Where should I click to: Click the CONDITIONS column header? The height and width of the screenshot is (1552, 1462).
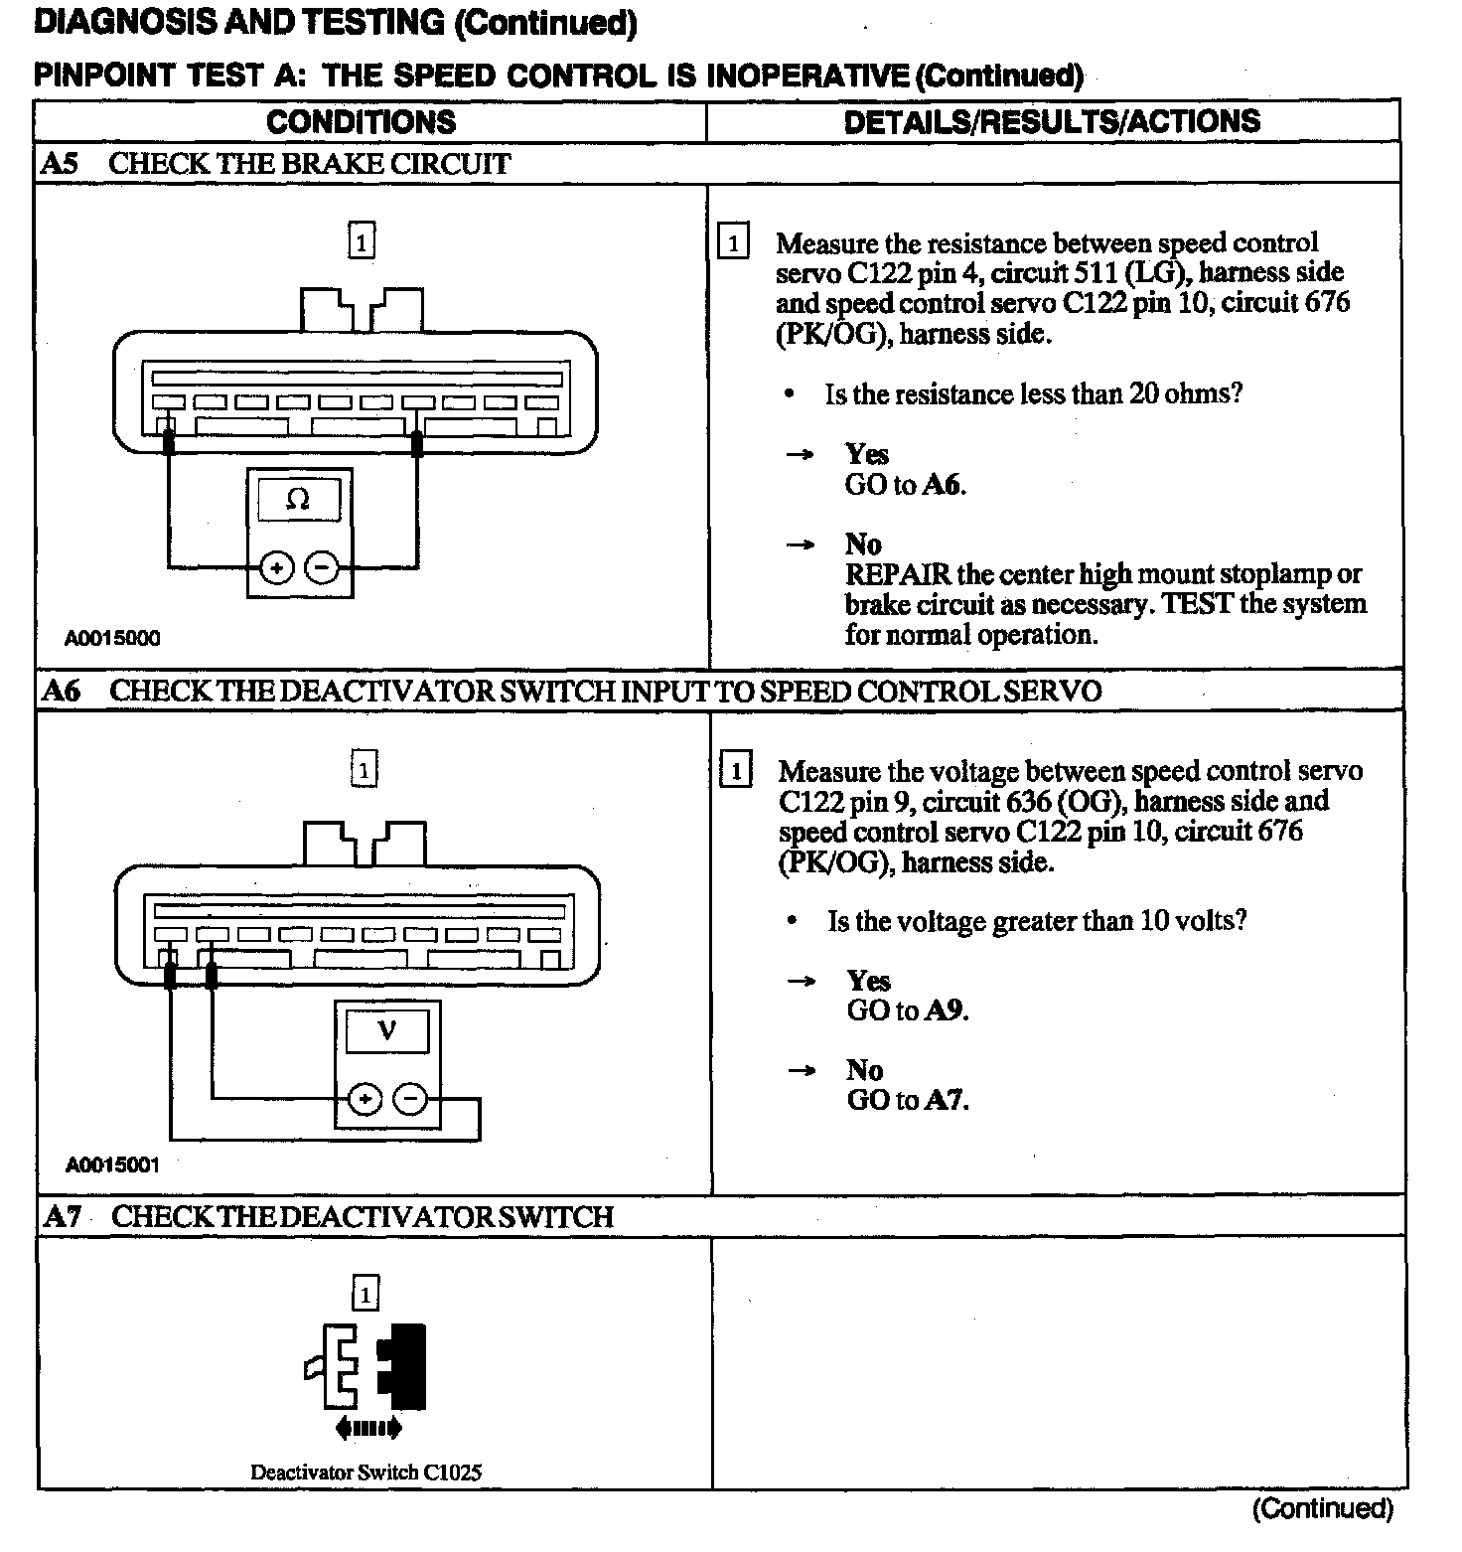click(x=361, y=122)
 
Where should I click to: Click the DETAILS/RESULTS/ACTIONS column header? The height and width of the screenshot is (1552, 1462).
click(x=1052, y=121)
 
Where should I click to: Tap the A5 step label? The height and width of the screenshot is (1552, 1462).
click(x=59, y=164)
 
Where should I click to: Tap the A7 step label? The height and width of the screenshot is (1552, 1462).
click(x=62, y=1217)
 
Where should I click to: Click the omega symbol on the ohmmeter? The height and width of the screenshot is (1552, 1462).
click(x=298, y=499)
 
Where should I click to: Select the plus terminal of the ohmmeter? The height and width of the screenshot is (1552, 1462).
click(x=277, y=568)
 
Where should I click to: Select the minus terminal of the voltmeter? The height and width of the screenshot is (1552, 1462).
click(x=410, y=1099)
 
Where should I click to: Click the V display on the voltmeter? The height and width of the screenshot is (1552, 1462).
click(x=387, y=1030)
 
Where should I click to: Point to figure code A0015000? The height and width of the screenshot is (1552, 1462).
click(x=112, y=638)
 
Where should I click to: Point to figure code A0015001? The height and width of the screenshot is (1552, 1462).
click(x=113, y=1164)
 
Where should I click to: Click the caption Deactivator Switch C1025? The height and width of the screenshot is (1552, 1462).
click(x=365, y=1473)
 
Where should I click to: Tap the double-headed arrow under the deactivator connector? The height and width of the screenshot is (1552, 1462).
click(x=369, y=1429)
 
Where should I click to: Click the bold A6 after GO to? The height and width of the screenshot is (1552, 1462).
click(x=943, y=485)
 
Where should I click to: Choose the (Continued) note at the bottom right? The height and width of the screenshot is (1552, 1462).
click(x=1323, y=1509)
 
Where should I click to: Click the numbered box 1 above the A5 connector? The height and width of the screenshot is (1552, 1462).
click(x=362, y=241)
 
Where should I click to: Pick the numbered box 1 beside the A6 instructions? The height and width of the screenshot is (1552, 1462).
click(x=735, y=771)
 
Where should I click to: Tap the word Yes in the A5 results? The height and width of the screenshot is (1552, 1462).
click(x=866, y=454)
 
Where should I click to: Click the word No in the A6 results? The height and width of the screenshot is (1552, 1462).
click(x=864, y=1070)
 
